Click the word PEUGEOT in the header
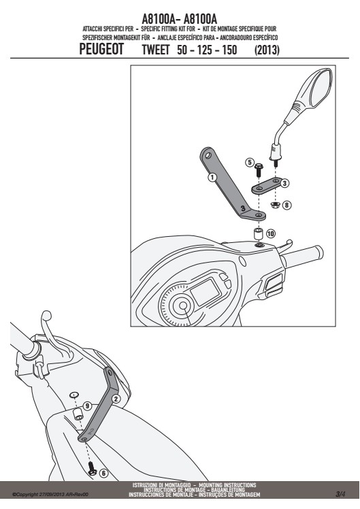pyautogui.click(x=101, y=50)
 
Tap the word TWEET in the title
pyautogui.click(x=156, y=50)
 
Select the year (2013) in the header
pyautogui.click(x=267, y=50)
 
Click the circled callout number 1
pyautogui.click(x=212, y=177)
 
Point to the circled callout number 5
pyautogui.click(x=249, y=162)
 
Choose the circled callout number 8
pyautogui.click(x=287, y=205)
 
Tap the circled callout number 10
pyautogui.click(x=271, y=233)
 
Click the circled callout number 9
pyautogui.click(x=87, y=406)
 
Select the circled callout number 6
pyautogui.click(x=103, y=473)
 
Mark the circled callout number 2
pyautogui.click(x=116, y=399)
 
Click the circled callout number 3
pyautogui.click(x=284, y=184)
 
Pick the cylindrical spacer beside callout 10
pyautogui.click(x=258, y=233)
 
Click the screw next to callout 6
pyautogui.click(x=92, y=468)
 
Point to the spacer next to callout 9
pyautogui.click(x=78, y=414)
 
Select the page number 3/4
pyautogui.click(x=340, y=494)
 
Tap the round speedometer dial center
pyautogui.click(x=183, y=306)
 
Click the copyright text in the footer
pyautogui.click(x=50, y=495)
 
